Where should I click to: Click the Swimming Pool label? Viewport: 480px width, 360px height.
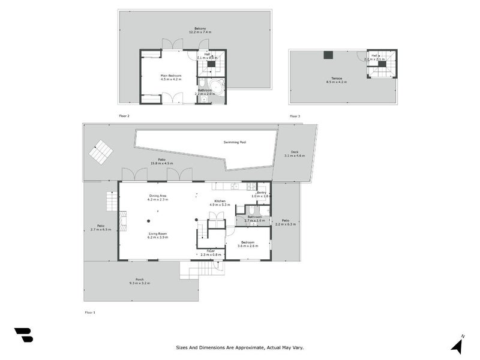[235, 142]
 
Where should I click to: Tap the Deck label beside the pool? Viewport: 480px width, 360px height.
[295, 152]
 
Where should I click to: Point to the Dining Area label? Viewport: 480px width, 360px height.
[158, 196]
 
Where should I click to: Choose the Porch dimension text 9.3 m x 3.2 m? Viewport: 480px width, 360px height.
[139, 283]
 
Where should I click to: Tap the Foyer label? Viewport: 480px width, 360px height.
[211, 251]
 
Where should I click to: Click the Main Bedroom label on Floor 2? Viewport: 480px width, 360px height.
[170, 76]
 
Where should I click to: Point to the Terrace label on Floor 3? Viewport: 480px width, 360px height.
[334, 78]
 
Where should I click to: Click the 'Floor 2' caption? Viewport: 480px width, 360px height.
[124, 116]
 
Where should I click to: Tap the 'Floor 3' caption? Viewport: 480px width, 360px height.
[295, 116]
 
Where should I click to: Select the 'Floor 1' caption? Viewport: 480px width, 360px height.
[90, 313]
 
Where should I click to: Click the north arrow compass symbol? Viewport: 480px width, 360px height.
[457, 346]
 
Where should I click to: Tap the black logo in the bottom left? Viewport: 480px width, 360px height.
[23, 335]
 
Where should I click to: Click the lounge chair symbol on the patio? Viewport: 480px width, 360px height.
[100, 152]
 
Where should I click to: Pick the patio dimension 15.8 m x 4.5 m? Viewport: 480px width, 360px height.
[161, 163]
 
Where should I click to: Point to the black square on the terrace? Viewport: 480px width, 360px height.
[328, 55]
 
